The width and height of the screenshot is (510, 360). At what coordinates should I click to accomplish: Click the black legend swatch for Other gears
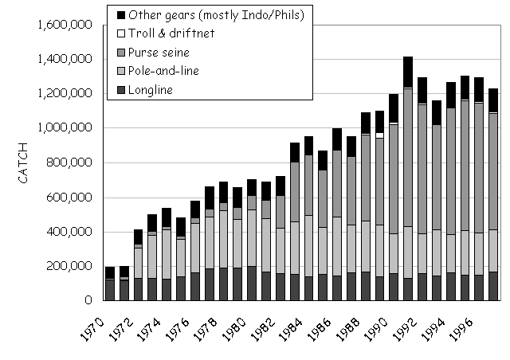[121, 14]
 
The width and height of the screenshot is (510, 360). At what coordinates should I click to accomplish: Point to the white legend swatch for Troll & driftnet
[121, 33]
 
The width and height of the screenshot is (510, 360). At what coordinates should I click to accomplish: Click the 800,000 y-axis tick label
[73, 162]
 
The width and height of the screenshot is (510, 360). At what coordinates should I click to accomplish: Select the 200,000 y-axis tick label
[73, 266]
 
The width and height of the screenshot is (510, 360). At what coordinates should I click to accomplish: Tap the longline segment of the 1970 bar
[109, 290]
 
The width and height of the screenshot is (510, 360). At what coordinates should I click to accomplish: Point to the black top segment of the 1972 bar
[139, 237]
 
